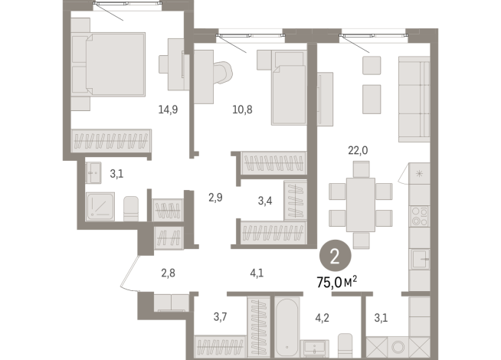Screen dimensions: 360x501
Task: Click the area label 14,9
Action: tap(169, 109)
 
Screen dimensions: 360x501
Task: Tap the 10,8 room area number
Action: tap(243, 109)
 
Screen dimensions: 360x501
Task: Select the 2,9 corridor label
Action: tap(215, 197)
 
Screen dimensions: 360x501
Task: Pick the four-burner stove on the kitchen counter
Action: tap(419, 216)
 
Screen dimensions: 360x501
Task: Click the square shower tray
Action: tap(100, 206)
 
